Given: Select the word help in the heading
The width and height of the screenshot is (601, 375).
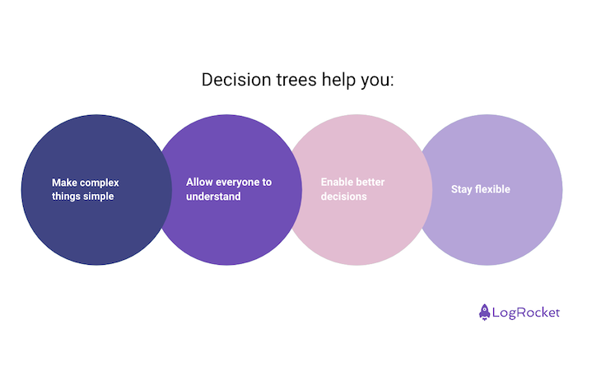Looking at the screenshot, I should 333,81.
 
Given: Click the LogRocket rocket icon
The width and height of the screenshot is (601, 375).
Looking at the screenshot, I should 485,312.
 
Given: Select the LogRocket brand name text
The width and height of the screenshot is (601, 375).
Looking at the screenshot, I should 526,312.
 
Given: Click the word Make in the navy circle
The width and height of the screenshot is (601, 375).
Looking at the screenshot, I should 64,183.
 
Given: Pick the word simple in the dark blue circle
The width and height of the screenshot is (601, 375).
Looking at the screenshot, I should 98,197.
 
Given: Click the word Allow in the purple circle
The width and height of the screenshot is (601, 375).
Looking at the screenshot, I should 200,182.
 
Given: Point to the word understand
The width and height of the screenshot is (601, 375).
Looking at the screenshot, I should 213,197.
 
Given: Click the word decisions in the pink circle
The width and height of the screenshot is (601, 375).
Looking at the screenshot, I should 343,197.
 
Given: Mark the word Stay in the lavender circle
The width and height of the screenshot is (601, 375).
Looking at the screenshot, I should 462,189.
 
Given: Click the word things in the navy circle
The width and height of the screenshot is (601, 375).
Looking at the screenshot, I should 65,197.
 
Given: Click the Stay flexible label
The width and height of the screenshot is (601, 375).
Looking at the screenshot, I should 481,189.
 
